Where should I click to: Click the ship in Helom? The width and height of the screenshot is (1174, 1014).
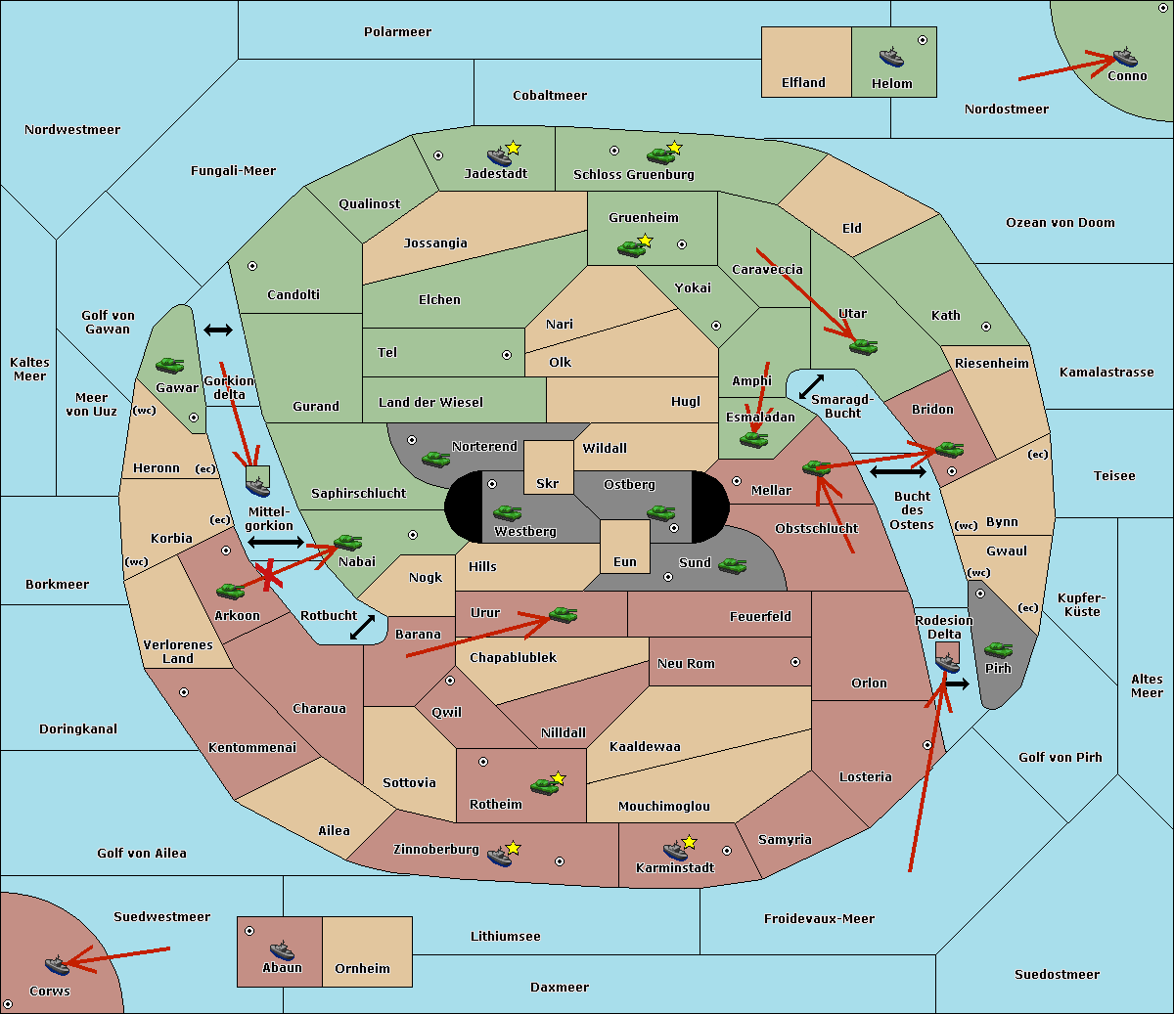click(891, 58)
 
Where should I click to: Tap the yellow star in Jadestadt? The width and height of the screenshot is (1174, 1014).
click(513, 148)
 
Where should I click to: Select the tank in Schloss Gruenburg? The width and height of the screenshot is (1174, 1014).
click(660, 154)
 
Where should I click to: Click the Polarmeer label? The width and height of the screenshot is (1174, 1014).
click(397, 32)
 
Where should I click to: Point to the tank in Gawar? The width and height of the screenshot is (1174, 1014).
click(170, 366)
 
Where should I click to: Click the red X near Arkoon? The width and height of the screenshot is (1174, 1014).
click(268, 575)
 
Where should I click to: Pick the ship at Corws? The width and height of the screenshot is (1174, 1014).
click(58, 965)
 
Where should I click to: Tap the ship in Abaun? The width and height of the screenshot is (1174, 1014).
click(282, 950)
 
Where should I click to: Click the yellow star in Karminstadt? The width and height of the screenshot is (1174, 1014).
click(689, 841)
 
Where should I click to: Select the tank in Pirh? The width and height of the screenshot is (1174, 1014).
click(998, 649)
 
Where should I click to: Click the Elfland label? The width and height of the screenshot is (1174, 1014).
click(803, 83)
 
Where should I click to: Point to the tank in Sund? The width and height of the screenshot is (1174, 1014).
click(732, 566)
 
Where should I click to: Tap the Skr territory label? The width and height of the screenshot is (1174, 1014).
click(548, 483)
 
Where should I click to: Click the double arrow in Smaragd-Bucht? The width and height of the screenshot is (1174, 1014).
click(811, 386)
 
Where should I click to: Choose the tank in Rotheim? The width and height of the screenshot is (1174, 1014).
click(544, 786)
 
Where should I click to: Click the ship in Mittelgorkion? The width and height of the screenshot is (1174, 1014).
click(257, 487)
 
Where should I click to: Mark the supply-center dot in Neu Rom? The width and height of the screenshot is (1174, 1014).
click(795, 662)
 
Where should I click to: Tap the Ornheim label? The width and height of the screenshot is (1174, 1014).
click(362, 969)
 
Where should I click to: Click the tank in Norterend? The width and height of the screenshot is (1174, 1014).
click(435, 460)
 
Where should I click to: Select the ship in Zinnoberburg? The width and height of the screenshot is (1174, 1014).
click(500, 857)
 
